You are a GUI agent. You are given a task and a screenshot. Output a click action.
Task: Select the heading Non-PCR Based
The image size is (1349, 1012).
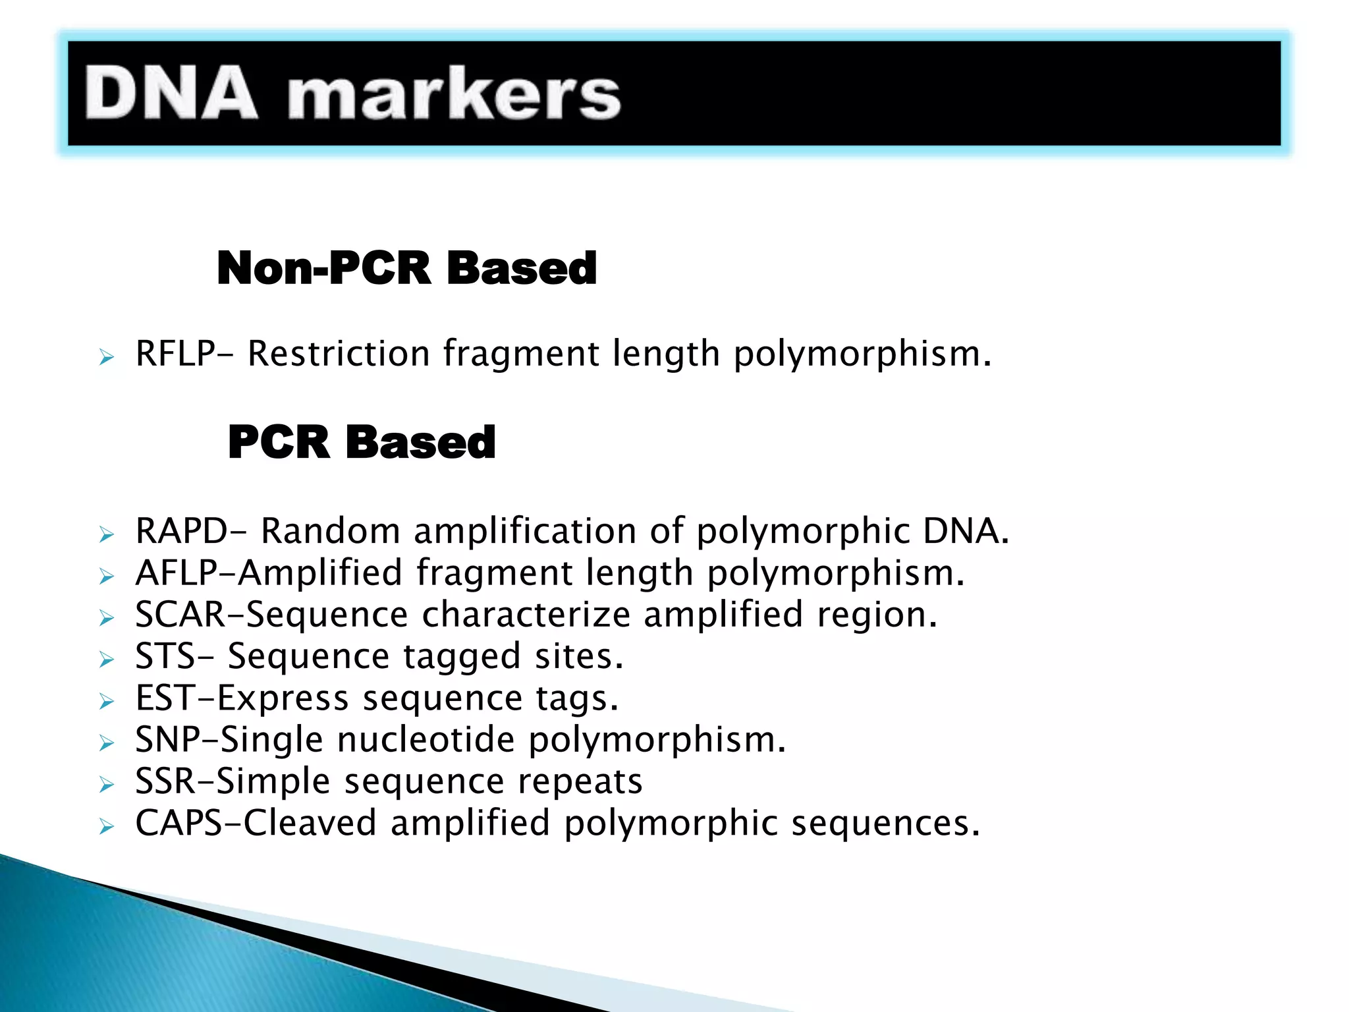[x=406, y=268]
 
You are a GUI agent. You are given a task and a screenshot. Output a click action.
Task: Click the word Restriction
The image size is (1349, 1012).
[x=339, y=354]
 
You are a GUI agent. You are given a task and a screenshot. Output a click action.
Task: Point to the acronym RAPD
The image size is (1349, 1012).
[x=182, y=531]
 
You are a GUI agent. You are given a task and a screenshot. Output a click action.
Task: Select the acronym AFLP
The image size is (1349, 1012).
[x=177, y=573]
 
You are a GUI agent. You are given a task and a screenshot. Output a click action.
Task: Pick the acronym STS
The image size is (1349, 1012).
[x=165, y=656]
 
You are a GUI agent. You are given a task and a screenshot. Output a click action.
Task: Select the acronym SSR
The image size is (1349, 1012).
[x=165, y=781]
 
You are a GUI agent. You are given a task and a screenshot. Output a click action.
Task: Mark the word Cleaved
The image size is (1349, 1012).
[x=310, y=823]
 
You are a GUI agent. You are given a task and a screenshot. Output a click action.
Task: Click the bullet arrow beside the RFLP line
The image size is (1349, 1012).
[x=107, y=358]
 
